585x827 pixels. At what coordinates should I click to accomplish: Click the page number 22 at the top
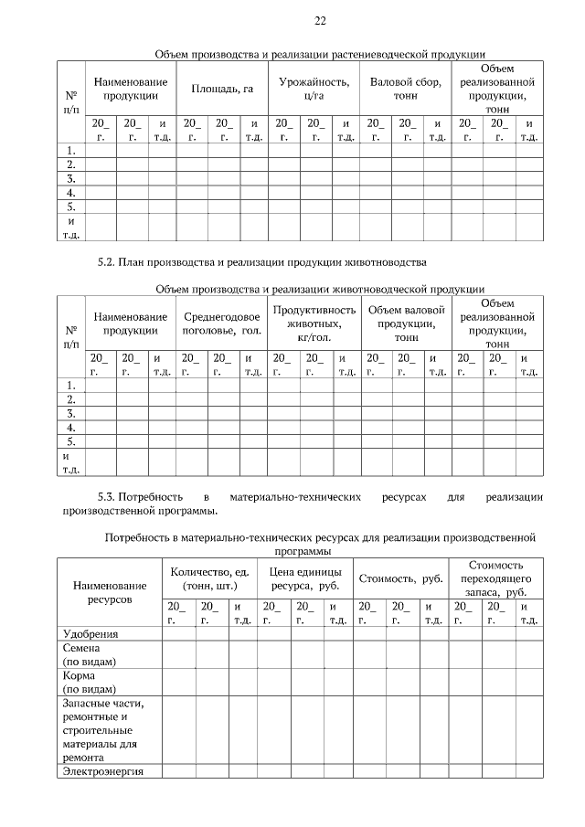tap(320, 21)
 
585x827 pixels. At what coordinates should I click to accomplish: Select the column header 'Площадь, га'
tap(222, 90)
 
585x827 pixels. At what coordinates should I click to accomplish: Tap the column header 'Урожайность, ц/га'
tap(314, 90)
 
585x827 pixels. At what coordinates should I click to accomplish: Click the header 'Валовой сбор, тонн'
tap(405, 90)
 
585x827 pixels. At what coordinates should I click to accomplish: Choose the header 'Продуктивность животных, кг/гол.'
tap(314, 323)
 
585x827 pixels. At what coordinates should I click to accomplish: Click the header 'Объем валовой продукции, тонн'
tap(406, 323)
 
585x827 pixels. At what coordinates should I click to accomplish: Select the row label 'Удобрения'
tap(90, 633)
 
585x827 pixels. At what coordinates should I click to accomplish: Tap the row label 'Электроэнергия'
tap(99, 771)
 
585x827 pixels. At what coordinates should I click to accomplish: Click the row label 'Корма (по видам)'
tap(83, 682)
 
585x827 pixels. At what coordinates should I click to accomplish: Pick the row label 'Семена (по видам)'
tap(83, 653)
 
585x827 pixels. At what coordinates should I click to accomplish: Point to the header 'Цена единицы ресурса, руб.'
tap(304, 578)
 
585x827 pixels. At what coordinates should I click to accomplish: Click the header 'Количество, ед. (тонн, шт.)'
tap(209, 578)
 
